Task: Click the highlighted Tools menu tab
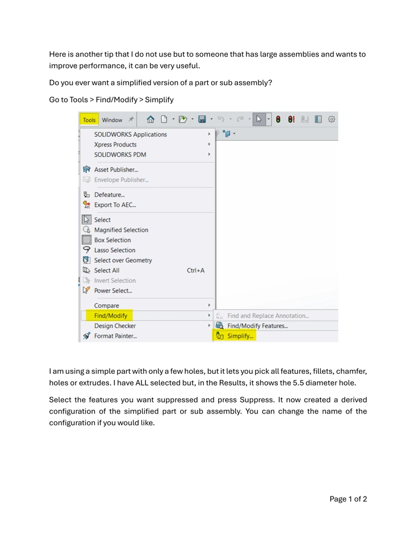[89, 120]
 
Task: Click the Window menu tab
[112, 120]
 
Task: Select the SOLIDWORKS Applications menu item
[130, 134]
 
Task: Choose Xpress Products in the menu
[115, 145]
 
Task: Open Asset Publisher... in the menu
[116, 170]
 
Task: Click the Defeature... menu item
[109, 195]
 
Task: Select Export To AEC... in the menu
[115, 205]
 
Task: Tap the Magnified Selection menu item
[121, 230]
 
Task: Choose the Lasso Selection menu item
[115, 251]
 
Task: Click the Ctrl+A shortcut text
[195, 271]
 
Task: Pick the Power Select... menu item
[113, 291]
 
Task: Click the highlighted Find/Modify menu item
[111, 316]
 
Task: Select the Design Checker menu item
[115, 326]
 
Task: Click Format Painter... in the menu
[115, 336]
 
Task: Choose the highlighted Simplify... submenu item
[240, 336]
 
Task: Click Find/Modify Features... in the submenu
[257, 326]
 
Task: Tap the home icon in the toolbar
[150, 120]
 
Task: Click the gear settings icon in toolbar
[332, 120]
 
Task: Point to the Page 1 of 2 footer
[348, 499]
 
